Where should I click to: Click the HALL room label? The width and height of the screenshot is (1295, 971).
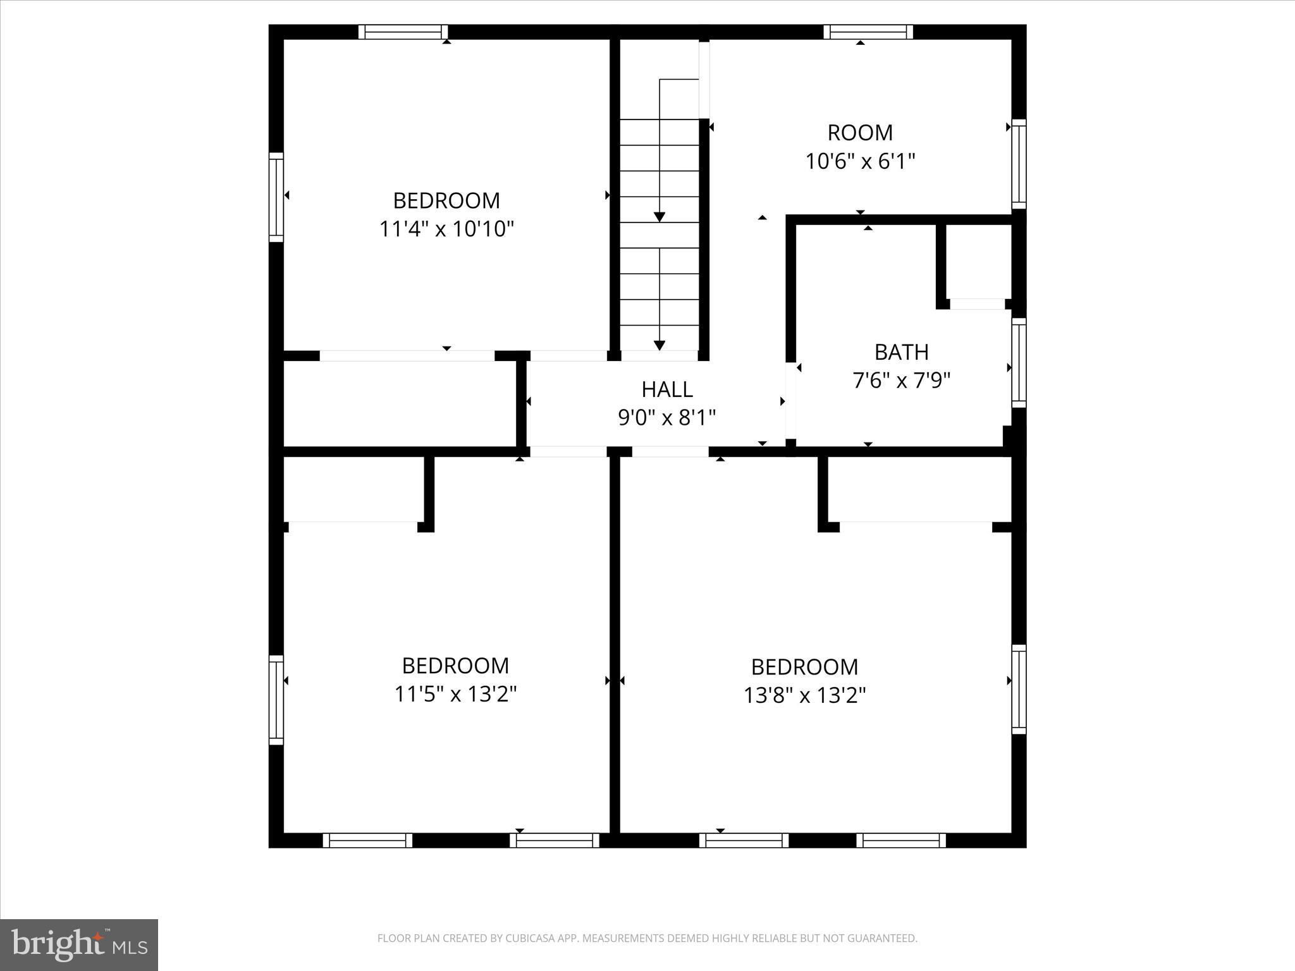[667, 389]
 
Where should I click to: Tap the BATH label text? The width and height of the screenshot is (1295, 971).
[901, 351]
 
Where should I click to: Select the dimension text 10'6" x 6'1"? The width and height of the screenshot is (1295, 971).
[860, 161]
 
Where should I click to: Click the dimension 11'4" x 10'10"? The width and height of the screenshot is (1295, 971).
[446, 228]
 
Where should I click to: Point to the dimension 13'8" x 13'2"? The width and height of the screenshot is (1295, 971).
[804, 695]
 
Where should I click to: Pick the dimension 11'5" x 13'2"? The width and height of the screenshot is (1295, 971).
[455, 694]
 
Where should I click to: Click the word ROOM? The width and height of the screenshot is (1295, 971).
[860, 133]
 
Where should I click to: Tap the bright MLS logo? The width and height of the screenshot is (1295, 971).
[79, 944]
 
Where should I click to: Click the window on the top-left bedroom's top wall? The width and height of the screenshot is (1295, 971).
[403, 32]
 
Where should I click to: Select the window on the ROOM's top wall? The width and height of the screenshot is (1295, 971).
[868, 32]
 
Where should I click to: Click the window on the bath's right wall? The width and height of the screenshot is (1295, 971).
[1019, 363]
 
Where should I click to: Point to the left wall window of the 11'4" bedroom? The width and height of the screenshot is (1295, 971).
[276, 197]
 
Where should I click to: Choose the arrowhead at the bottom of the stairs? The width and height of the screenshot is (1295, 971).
[660, 345]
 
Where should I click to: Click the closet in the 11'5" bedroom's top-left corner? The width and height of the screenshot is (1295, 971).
[352, 488]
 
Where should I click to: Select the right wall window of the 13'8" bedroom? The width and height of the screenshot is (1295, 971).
[1019, 689]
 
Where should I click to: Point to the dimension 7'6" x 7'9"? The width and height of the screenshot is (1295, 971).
[901, 381]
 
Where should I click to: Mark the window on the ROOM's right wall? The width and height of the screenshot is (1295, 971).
[1019, 164]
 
